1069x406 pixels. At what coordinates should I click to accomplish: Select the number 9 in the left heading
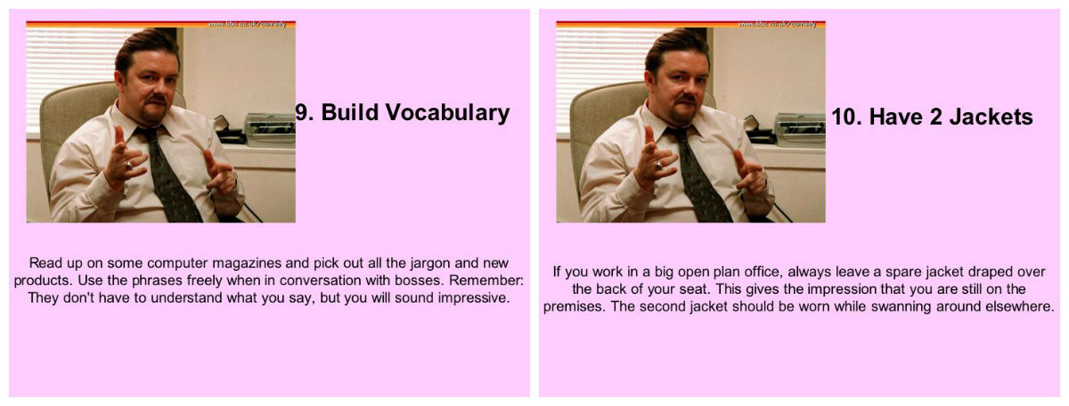302,112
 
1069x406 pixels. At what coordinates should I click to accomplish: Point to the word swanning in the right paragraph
901,306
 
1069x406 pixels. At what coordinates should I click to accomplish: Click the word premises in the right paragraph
574,307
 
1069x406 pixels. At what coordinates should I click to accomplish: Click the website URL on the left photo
247,24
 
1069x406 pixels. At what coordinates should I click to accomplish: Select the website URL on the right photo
777,24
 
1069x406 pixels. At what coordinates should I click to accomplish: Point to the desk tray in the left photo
270,130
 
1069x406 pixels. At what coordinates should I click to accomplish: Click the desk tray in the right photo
800,130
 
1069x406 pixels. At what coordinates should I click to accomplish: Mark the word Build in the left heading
349,112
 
